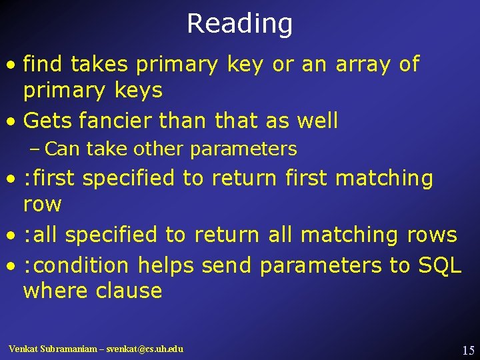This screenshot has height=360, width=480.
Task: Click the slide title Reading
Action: [239, 24]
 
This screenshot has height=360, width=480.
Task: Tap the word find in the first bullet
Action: [43, 64]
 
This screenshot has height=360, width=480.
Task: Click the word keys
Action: [139, 90]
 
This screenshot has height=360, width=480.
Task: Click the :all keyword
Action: [41, 235]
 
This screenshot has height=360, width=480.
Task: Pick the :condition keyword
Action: [76, 265]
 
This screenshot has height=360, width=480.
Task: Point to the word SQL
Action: [439, 265]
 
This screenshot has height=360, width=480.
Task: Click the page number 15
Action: [467, 350]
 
